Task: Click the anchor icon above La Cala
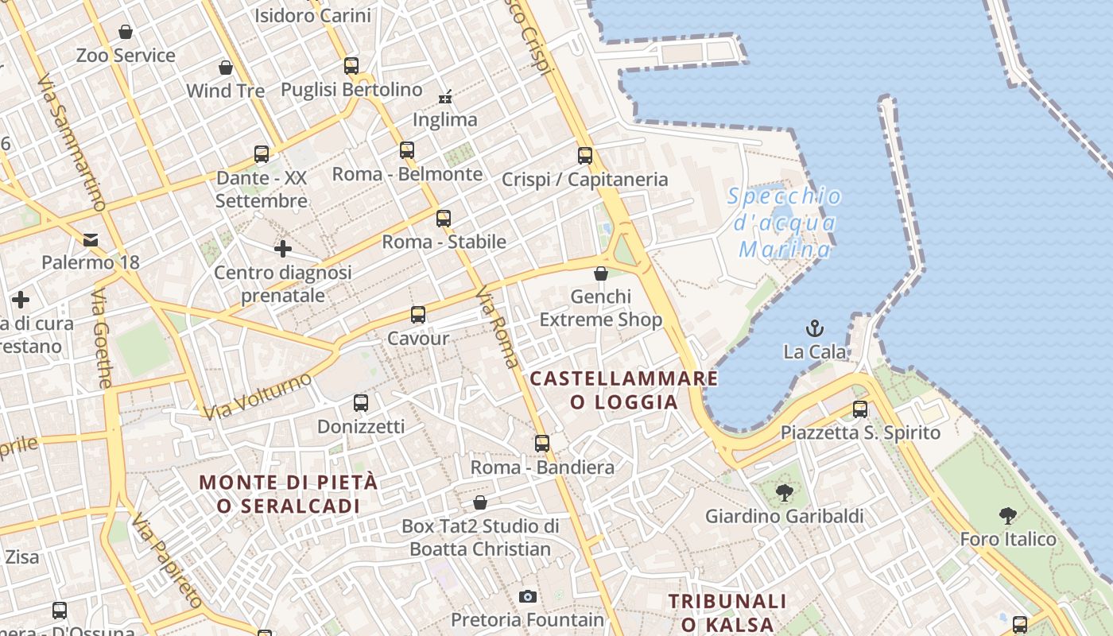[815, 328]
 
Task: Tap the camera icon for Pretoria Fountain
[527, 596]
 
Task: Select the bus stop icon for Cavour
[418, 315]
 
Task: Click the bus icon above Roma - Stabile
[444, 218]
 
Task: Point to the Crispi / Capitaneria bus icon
[585, 156]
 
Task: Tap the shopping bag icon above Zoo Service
[126, 32]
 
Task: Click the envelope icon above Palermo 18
[91, 239]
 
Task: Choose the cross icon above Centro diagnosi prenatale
[283, 250]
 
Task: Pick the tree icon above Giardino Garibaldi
[785, 493]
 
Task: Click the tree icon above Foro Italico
[1008, 516]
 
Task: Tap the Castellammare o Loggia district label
[624, 390]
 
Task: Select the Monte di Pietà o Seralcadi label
[289, 494]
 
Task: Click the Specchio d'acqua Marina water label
[784, 223]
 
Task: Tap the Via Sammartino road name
[72, 143]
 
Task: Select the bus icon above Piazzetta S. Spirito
[860, 409]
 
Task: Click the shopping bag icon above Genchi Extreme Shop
[601, 273]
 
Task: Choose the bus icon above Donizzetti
[361, 403]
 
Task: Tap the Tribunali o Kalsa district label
[727, 612]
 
